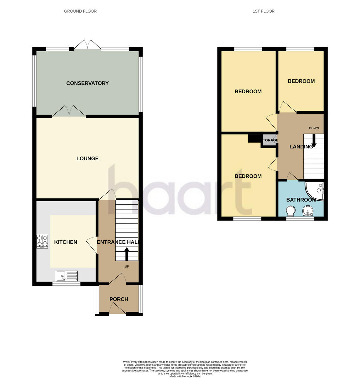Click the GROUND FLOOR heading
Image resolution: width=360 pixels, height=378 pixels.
point(80,11)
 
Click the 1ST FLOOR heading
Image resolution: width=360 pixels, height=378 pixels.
point(263,11)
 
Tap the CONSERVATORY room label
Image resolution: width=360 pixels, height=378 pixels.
point(87,83)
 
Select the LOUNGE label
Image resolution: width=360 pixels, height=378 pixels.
point(87,158)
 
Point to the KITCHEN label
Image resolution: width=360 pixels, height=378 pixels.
point(66,242)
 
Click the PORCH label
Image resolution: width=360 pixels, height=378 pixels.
point(119,299)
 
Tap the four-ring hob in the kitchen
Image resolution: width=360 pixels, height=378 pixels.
point(42,241)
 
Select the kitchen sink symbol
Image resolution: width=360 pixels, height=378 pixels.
point(67,276)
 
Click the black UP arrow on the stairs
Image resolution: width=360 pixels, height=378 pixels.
point(127,254)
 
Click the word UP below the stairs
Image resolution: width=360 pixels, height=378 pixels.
point(127,266)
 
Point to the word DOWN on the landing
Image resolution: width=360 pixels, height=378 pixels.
point(314,128)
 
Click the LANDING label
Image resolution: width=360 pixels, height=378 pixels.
point(301,146)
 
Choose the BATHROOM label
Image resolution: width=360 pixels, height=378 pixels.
point(301,200)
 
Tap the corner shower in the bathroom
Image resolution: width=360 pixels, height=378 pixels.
point(316,190)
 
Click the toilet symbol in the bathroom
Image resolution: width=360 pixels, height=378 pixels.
point(291,211)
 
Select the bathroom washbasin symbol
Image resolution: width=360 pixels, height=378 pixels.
point(307,211)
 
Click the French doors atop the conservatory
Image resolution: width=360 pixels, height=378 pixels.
point(87,45)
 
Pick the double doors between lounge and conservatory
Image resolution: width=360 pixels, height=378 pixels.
point(69,111)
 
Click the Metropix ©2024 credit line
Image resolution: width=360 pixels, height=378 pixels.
point(185,376)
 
